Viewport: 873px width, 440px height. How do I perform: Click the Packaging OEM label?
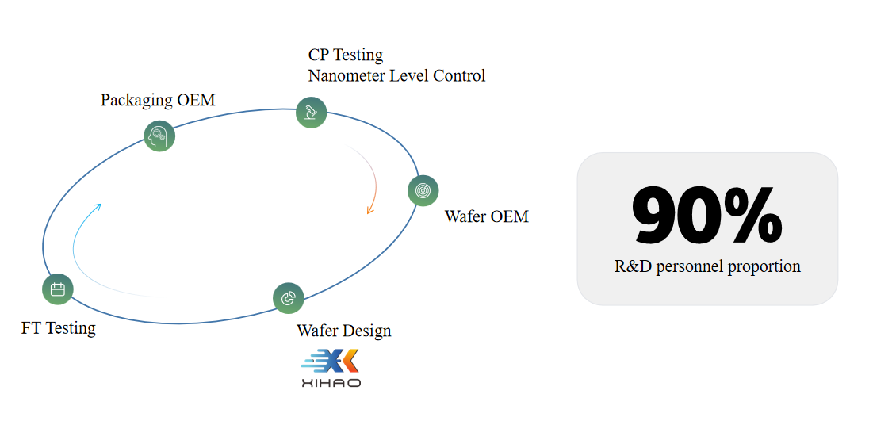pyautogui.click(x=158, y=100)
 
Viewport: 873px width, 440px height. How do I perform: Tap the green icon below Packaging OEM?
pyautogui.click(x=159, y=136)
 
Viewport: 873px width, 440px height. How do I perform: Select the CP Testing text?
pyautogui.click(x=345, y=55)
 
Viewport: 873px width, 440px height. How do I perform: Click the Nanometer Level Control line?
pyautogui.click(x=396, y=75)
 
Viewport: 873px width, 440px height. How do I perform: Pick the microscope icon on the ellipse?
pyautogui.click(x=311, y=112)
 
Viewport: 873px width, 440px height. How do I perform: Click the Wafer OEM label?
pyautogui.click(x=486, y=216)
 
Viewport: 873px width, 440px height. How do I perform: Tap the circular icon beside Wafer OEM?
pyautogui.click(x=423, y=190)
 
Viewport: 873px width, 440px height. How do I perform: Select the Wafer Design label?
pyautogui.click(x=343, y=330)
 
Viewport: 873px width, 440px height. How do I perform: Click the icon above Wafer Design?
pyautogui.click(x=288, y=298)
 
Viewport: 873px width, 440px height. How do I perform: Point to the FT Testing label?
pyautogui.click(x=59, y=327)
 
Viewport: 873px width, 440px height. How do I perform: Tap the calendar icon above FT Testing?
pyautogui.click(x=57, y=289)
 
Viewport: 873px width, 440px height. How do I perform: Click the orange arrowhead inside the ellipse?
pyautogui.click(x=369, y=210)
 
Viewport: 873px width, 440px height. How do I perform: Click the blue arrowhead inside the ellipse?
pyautogui.click(x=98, y=206)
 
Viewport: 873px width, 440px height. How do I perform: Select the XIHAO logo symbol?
pyautogui.click(x=330, y=362)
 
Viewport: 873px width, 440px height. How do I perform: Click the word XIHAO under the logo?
pyautogui.click(x=331, y=383)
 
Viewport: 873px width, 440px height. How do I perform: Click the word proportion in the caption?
pyautogui.click(x=763, y=266)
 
